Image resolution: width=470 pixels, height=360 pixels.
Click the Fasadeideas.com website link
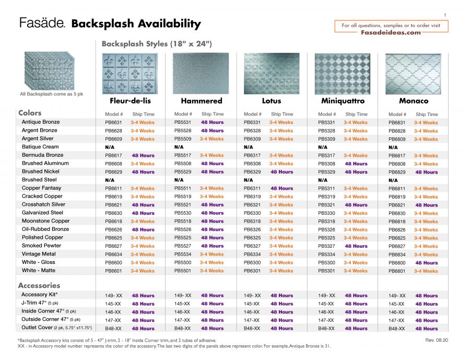[391, 32]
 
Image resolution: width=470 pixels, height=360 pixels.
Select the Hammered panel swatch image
[201, 73]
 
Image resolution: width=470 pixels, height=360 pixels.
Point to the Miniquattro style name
[343, 101]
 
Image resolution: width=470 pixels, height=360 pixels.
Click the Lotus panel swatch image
[272, 73]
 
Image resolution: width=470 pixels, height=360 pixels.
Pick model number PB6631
[114, 122]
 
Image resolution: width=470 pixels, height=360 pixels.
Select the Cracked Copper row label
[42, 196]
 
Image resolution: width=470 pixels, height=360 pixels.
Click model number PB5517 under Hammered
[183, 155]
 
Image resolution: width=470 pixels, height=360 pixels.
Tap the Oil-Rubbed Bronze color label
[45, 229]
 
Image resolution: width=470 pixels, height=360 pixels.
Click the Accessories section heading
[39, 286]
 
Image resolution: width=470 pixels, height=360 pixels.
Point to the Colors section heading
[30, 113]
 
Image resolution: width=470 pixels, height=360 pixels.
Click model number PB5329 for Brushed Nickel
[327, 172]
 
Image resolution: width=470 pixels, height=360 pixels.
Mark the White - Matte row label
[39, 271]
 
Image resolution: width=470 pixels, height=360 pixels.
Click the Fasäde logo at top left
[42, 23]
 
